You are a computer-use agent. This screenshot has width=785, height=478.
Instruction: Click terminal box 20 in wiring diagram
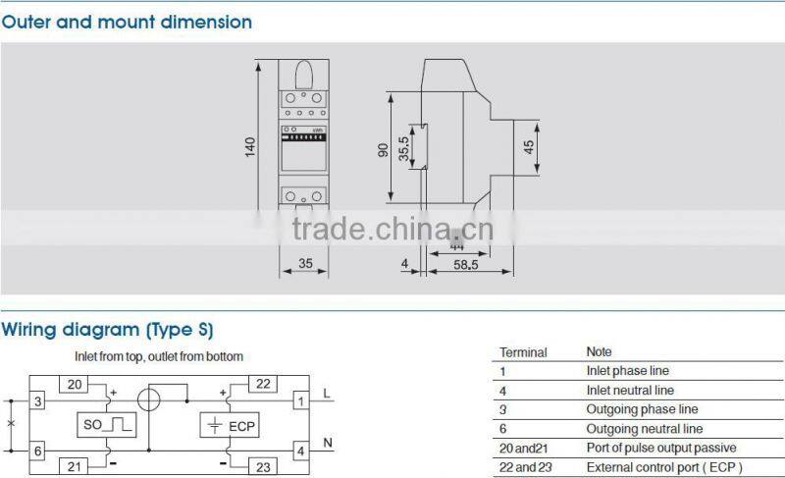[x=77, y=383]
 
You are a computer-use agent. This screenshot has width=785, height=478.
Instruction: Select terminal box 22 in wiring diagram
[x=264, y=383]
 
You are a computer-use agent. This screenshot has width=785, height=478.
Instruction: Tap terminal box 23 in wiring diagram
[x=263, y=466]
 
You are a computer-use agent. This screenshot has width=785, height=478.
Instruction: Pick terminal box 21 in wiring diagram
[x=77, y=465]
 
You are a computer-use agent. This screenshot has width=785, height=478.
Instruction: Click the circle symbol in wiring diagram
[x=150, y=401]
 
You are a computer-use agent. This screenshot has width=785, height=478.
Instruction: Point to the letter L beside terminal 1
[x=328, y=394]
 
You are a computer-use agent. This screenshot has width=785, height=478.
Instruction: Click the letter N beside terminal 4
[x=328, y=443]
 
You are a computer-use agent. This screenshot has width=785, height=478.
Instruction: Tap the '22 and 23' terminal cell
[x=526, y=467]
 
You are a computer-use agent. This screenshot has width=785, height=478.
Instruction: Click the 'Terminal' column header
[x=523, y=351]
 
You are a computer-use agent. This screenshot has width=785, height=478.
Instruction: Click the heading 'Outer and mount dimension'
[x=127, y=22]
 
